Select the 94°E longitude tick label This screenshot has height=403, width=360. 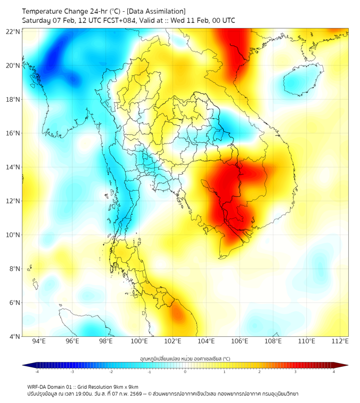pyautogui.click(x=39, y=341)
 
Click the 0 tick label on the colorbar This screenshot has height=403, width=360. pyautogui.click(x=185, y=372)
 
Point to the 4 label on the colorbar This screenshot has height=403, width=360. pyautogui.click(x=334, y=372)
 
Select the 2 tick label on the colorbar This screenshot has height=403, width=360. pyautogui.click(x=260, y=372)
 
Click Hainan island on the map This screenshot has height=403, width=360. pyautogui.click(x=301, y=80)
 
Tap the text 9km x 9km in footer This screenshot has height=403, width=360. pyautogui.click(x=126, y=386)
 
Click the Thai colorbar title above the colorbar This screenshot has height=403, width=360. pyautogui.click(x=185, y=359)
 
